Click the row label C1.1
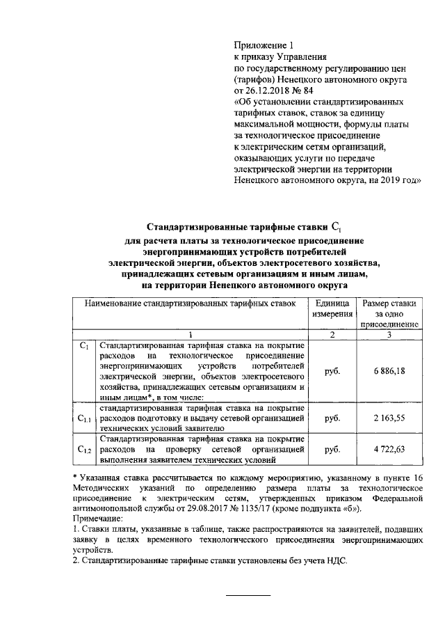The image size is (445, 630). click(85, 419)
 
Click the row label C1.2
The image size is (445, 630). click(85, 450)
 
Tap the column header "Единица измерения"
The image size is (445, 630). click(332, 311)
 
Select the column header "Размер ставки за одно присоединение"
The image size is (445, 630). click(389, 313)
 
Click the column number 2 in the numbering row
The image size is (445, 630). click(332, 336)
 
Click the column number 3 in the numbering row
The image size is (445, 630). click(389, 336)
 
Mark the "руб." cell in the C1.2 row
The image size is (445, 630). click(332, 450)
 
